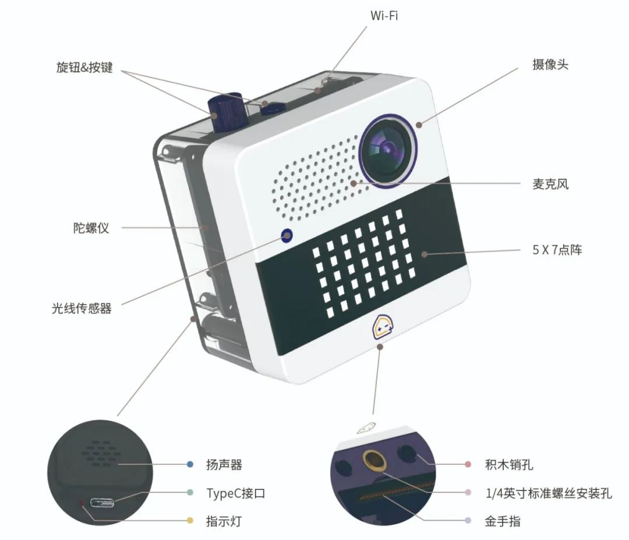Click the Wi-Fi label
(384, 16)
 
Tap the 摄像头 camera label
(550, 65)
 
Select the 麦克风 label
(550, 185)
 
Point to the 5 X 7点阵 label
(557, 251)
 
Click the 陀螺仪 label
(91, 228)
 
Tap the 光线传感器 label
(81, 308)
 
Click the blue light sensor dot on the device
(287, 235)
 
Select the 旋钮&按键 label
(84, 68)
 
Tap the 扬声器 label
(224, 465)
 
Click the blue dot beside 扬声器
(190, 465)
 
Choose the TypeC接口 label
(236, 493)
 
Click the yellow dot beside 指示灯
(190, 520)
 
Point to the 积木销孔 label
(508, 465)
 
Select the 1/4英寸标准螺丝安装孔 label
(548, 493)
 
